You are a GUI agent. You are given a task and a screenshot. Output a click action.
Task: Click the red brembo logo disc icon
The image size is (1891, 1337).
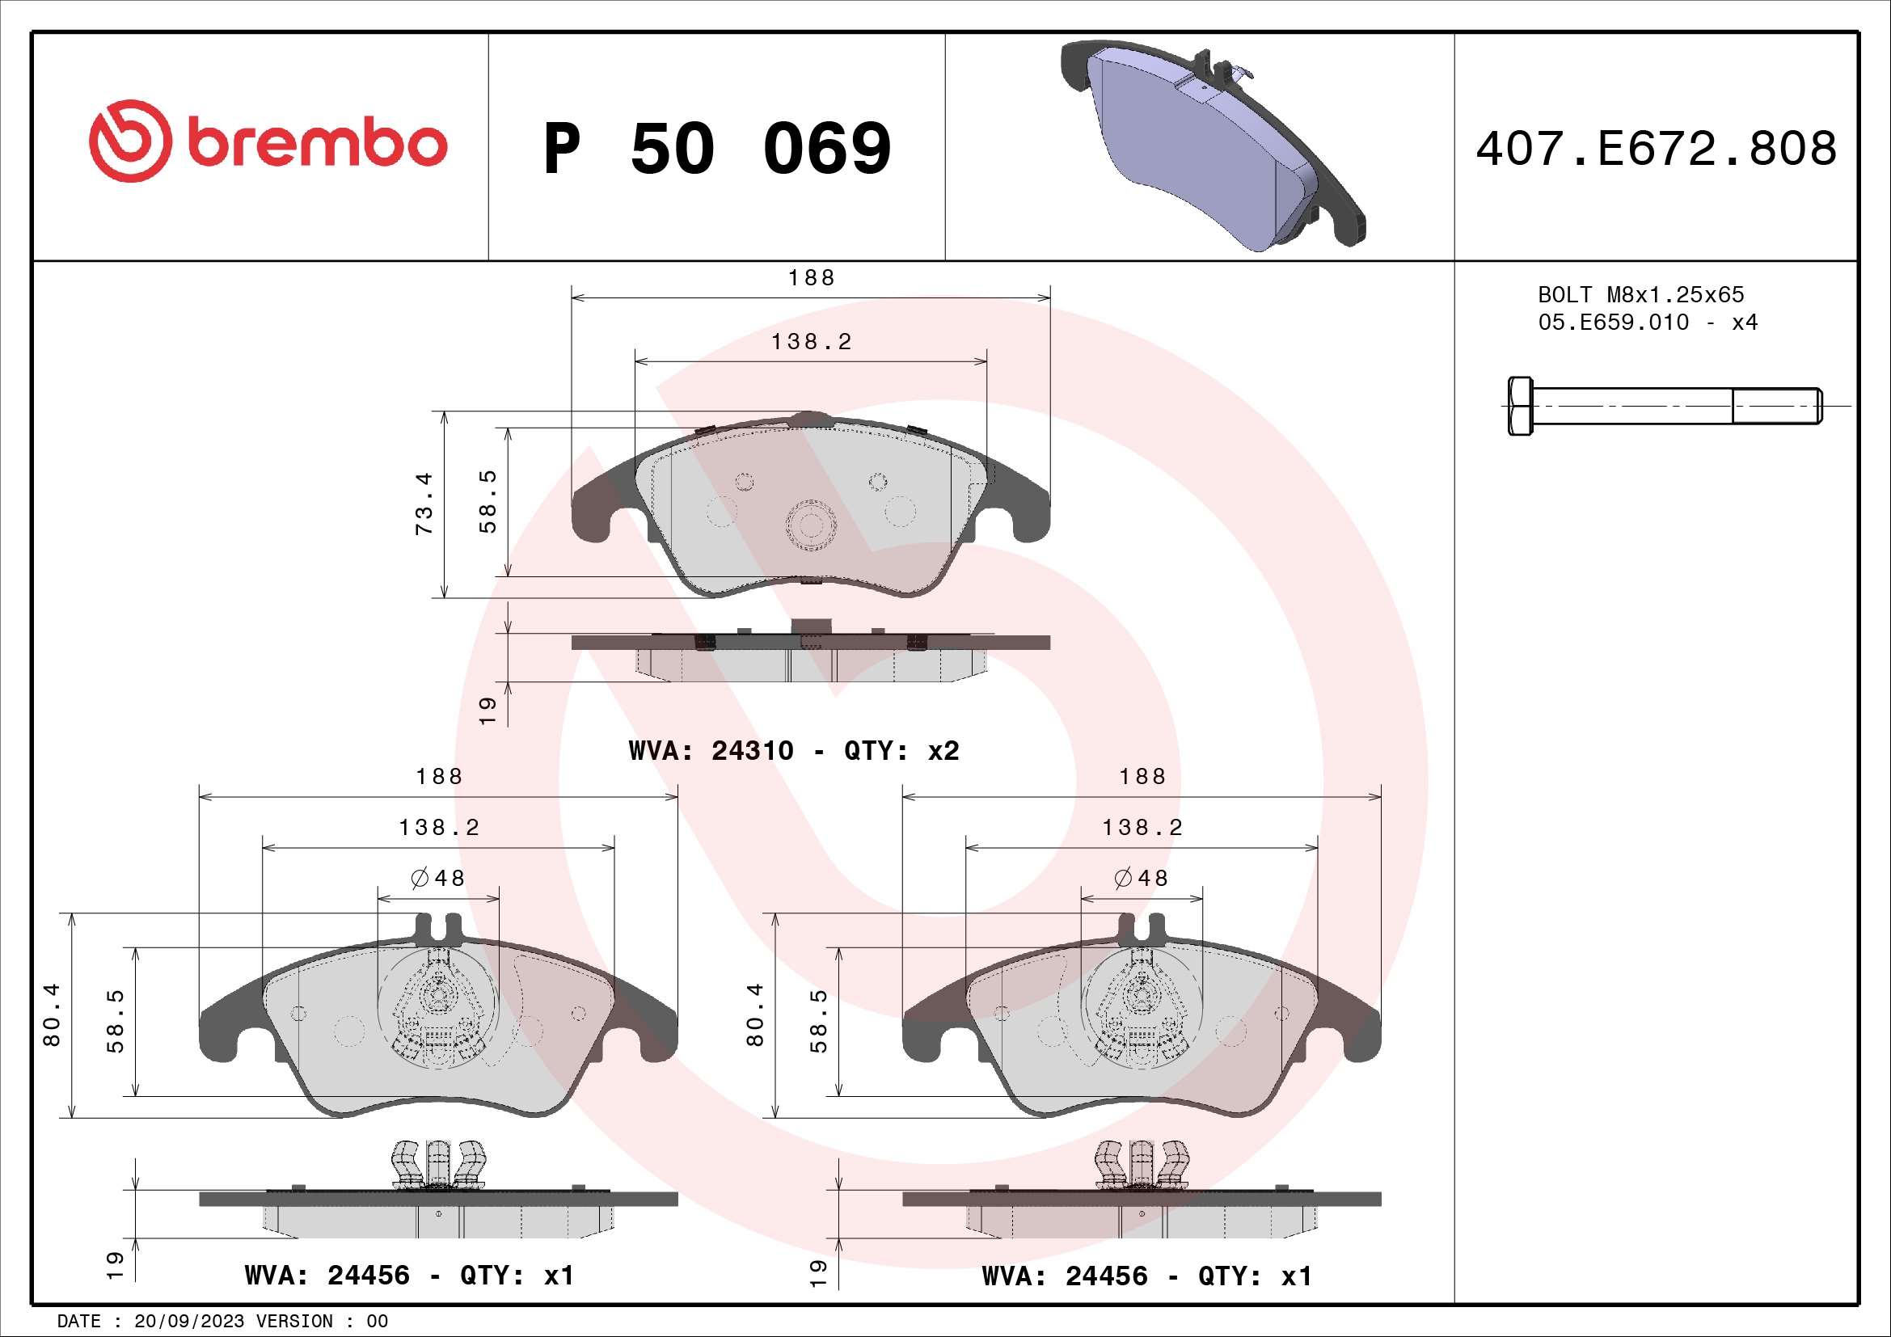click(130, 141)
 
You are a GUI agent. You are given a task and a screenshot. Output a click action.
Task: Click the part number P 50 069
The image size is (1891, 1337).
click(716, 149)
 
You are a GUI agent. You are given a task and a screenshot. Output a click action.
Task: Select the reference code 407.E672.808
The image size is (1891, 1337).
click(1656, 149)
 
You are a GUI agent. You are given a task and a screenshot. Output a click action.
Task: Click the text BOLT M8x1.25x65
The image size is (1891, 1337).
click(1640, 295)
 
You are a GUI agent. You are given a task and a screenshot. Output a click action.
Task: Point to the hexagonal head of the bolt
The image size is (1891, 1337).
click(1521, 406)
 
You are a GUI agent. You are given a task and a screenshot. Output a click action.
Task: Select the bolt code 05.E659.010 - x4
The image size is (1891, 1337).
click(1647, 323)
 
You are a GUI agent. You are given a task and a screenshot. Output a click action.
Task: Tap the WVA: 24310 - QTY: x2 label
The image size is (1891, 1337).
click(793, 751)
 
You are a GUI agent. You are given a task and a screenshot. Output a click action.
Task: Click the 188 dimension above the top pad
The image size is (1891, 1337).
click(811, 278)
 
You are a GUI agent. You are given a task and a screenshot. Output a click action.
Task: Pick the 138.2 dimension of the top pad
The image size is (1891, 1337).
click(811, 342)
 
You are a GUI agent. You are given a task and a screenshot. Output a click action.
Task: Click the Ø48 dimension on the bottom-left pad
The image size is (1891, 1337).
click(438, 879)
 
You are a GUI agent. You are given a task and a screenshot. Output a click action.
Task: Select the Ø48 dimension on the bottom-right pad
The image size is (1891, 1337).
click(1142, 879)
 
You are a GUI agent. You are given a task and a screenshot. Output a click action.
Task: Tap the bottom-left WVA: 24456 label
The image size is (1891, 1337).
click(409, 1276)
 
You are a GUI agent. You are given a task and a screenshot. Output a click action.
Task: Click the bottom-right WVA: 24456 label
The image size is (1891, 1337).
click(1146, 1276)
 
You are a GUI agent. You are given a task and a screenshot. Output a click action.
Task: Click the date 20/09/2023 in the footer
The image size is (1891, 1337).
click(188, 1322)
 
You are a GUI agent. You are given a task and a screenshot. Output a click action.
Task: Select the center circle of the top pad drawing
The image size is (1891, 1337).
click(811, 524)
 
